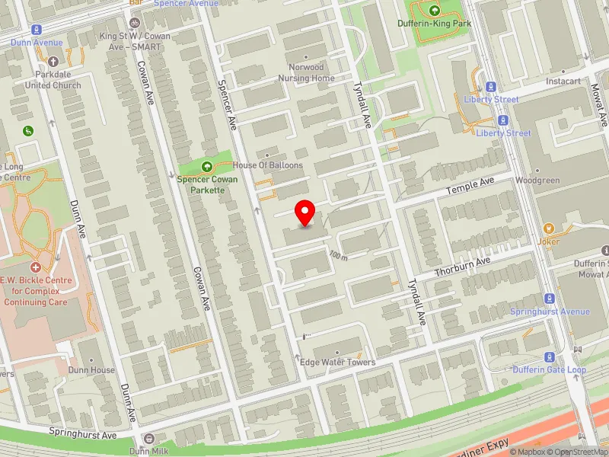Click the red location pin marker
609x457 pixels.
point(305,213)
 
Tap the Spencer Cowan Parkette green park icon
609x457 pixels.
point(206,167)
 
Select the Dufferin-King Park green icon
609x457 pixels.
point(435,11)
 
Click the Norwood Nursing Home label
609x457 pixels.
point(307,72)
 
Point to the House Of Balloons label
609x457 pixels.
point(268,165)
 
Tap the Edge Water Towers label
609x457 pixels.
point(338,362)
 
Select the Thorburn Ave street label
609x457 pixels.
point(462,267)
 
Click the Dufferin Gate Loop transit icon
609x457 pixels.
point(549,357)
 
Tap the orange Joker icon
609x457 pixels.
point(548,228)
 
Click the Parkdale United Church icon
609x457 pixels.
point(53,62)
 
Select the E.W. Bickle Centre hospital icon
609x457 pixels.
point(36,267)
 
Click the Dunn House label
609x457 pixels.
point(91,370)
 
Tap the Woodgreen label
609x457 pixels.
point(537,181)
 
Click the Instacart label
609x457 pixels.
point(564,80)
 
